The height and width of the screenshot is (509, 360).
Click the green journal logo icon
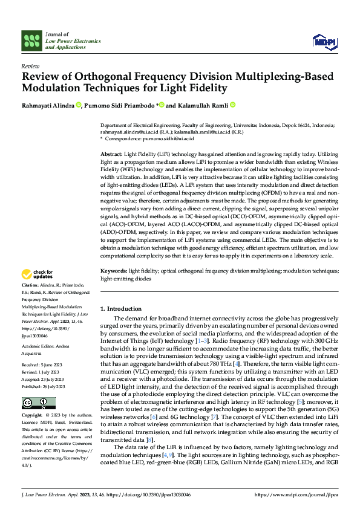[31, 41]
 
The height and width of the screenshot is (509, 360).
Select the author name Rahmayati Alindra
[48, 106]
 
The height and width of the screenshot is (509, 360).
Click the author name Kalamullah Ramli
[201, 106]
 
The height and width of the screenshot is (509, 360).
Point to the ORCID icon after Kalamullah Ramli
[232, 105]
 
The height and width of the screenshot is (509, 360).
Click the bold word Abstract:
[111, 155]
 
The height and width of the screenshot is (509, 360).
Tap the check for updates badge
[38, 275]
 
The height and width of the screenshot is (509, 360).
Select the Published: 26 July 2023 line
[44, 369]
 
